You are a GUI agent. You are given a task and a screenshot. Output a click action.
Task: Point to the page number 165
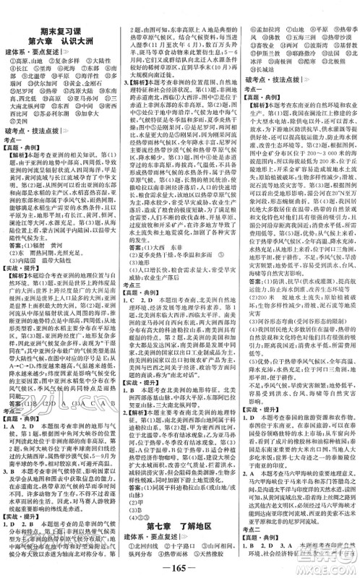coord(179,562)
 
